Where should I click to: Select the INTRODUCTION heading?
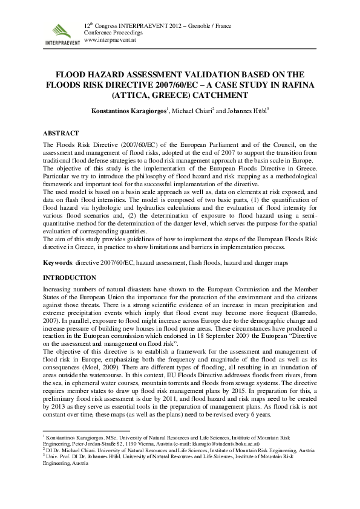pyautogui.click(x=70, y=277)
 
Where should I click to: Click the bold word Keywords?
pyautogui.click(x=59, y=264)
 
